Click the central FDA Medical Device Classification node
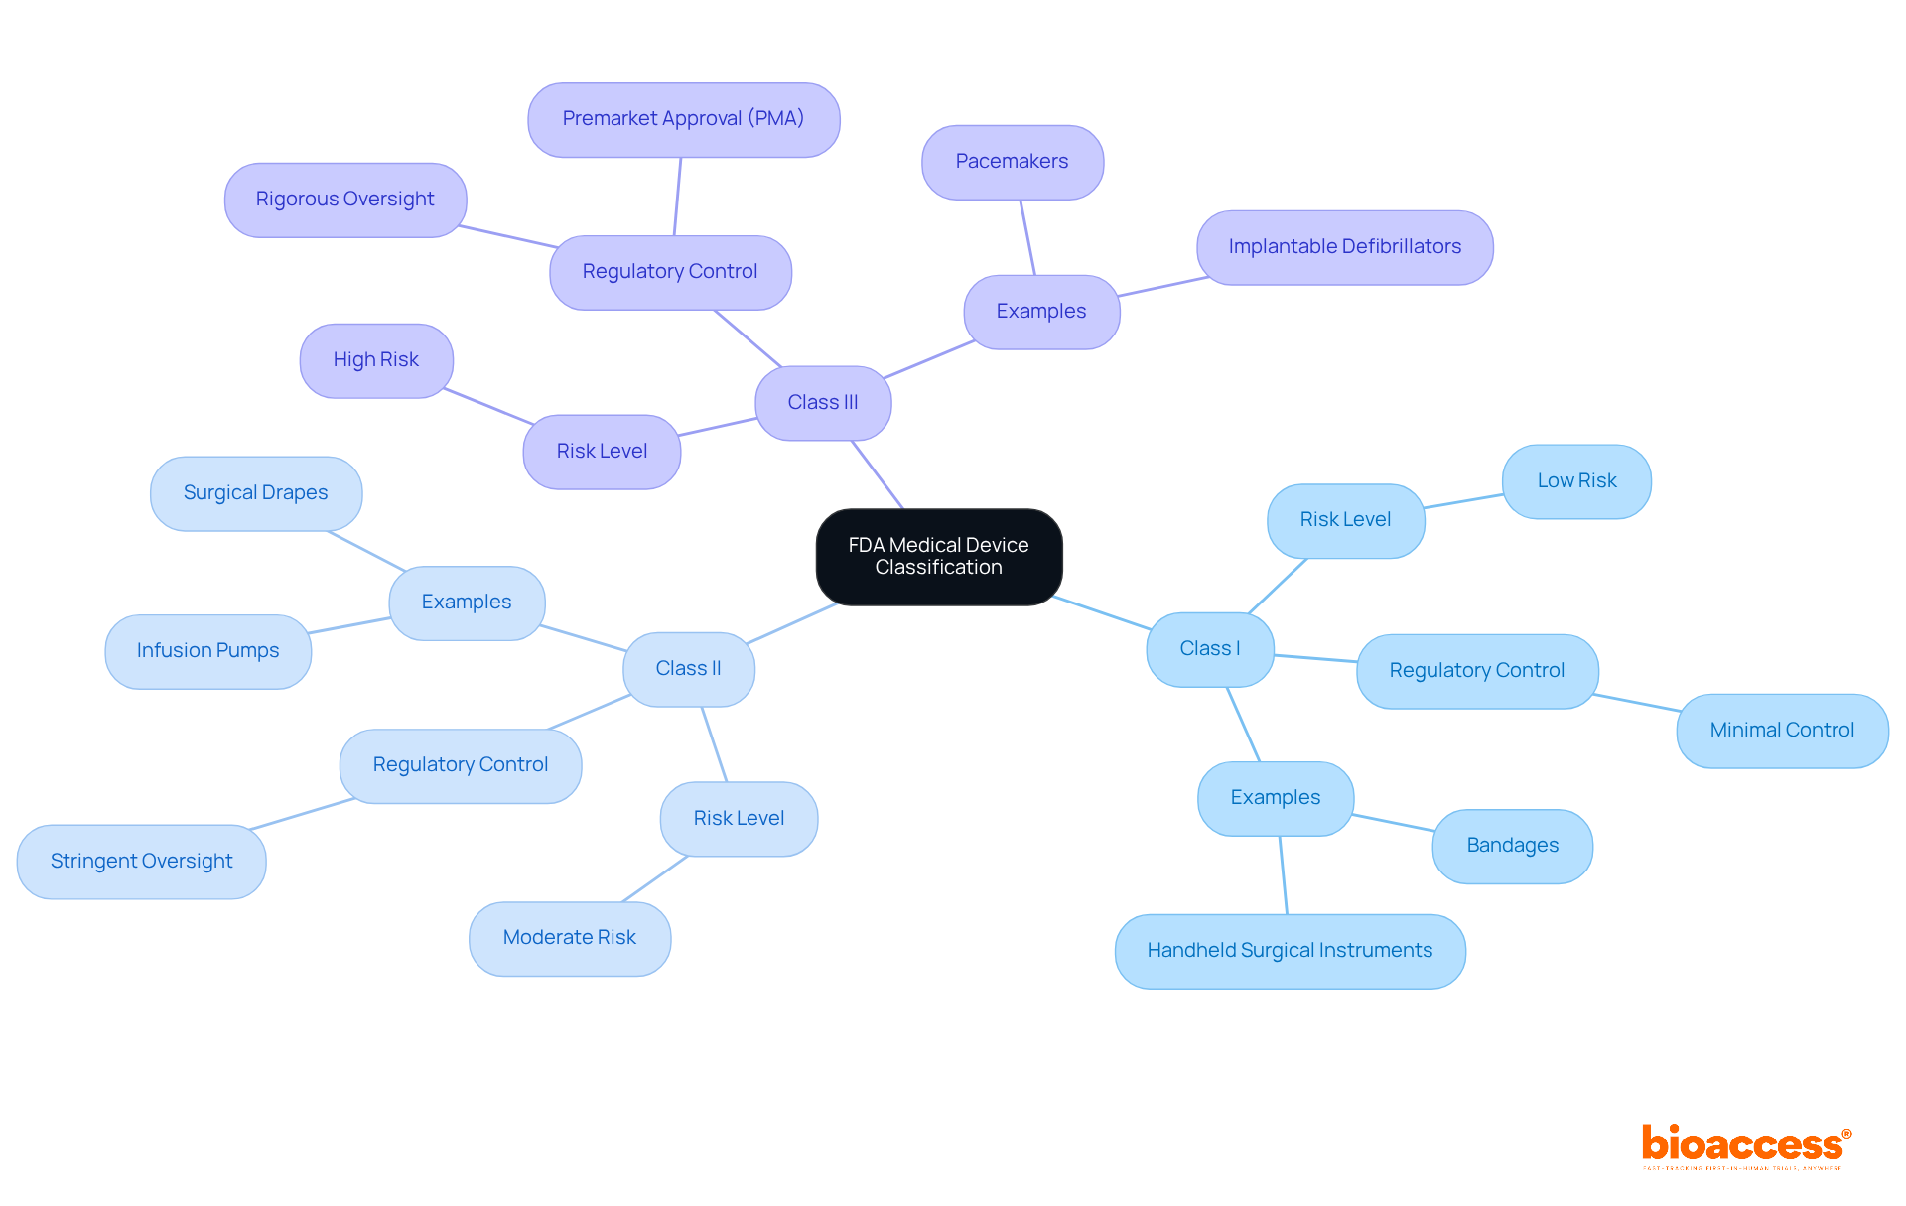[x=938, y=556]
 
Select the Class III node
[x=822, y=402]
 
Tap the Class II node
[x=688, y=668]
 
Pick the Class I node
[x=1209, y=648]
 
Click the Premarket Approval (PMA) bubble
[x=683, y=119]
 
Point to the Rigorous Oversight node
[x=344, y=200]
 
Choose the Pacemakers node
[x=1012, y=162]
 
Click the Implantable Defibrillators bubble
[x=1344, y=247]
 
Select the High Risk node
[x=375, y=360]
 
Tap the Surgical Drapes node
[x=255, y=493]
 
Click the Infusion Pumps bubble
[x=207, y=651]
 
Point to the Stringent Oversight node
[x=141, y=862]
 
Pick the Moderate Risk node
[x=569, y=938]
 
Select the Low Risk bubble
[x=1575, y=481]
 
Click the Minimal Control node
[x=1781, y=731]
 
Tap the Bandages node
[x=1512, y=846]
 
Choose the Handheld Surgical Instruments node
[x=1289, y=951]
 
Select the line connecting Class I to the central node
[x=1102, y=612]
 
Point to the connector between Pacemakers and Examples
[x=1027, y=237]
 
